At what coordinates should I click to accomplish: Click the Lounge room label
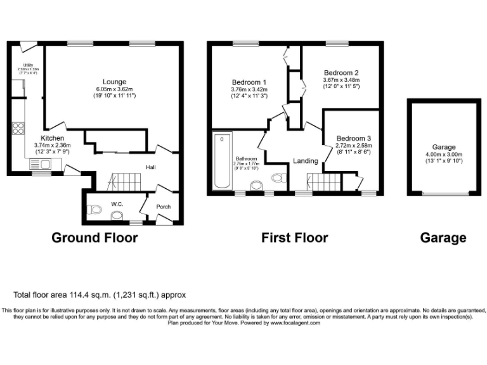(115, 82)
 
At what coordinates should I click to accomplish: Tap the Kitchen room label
(52, 138)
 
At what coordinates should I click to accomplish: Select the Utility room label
(28, 65)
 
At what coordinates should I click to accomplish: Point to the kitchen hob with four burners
(16, 130)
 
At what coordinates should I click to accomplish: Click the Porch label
(163, 207)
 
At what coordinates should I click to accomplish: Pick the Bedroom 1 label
(249, 82)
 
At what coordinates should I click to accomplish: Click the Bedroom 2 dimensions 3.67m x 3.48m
(341, 80)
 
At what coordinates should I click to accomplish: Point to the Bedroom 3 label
(353, 138)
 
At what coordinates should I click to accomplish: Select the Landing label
(305, 161)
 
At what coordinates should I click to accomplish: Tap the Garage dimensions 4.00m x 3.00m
(444, 154)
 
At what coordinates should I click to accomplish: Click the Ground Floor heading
(94, 238)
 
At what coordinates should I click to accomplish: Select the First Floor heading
(294, 238)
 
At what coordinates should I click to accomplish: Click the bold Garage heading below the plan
(443, 238)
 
